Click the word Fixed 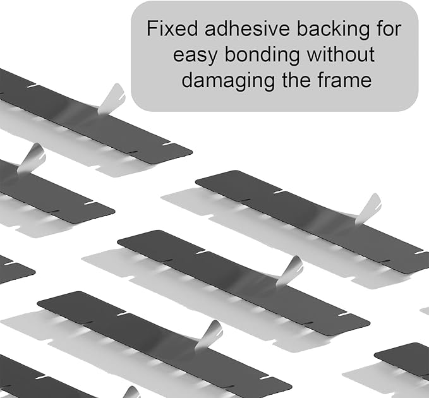click(x=172, y=28)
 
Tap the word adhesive click(x=247, y=28)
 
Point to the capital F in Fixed click(x=152, y=28)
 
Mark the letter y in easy click(x=212, y=59)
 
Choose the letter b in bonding click(x=230, y=54)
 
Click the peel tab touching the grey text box click(x=112, y=99)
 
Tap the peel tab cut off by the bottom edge click(x=131, y=392)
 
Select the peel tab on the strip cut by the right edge click(x=369, y=208)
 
